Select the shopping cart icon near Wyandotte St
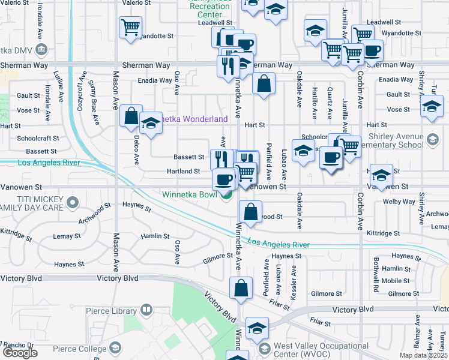click(x=130, y=28)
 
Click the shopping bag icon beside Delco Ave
click(x=131, y=116)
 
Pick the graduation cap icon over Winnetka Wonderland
click(x=151, y=124)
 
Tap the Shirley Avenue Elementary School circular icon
click(x=432, y=140)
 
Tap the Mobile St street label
click(x=395, y=281)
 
